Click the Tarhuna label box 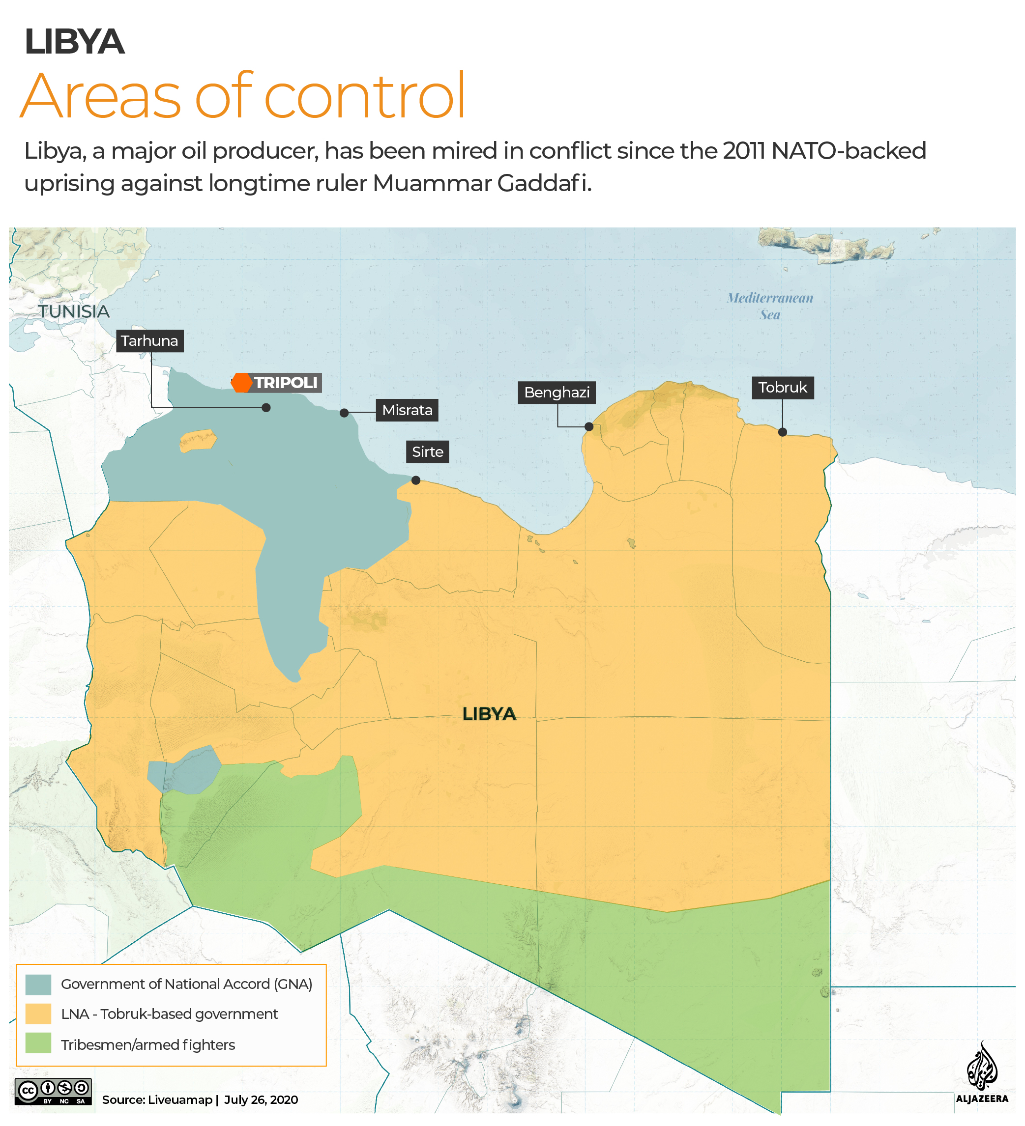149,341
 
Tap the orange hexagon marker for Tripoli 242,383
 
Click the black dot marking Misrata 344,413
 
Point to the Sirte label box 427,452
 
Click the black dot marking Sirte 416,480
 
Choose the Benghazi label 556,393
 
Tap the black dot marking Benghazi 589,427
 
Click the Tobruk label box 783,388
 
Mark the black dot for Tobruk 783,432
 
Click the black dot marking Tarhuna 266,408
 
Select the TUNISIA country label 74,311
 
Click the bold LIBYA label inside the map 489,714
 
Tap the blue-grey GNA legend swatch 38,985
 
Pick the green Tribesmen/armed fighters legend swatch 38,1044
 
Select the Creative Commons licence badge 53,1092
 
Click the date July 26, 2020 261,1100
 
